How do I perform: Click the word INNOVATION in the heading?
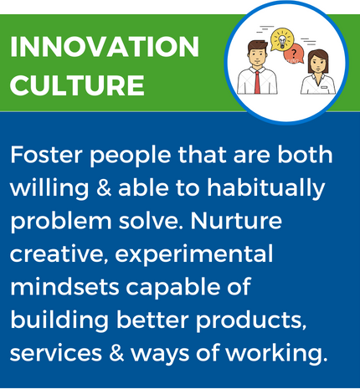(105, 47)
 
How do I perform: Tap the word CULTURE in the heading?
(77, 84)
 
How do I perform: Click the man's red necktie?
(257, 82)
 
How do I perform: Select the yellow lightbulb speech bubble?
(282, 39)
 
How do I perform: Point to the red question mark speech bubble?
(294, 54)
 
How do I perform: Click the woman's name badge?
(324, 88)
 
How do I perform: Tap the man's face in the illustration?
(258, 56)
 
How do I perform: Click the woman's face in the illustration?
(317, 63)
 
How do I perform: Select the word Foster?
(47, 155)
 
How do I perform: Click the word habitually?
(266, 188)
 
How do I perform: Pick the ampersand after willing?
(104, 187)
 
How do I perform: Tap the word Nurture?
(236, 221)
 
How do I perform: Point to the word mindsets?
(64, 287)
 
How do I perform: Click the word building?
(59, 321)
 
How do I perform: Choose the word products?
(250, 321)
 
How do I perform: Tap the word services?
(56, 353)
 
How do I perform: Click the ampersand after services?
(116, 353)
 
